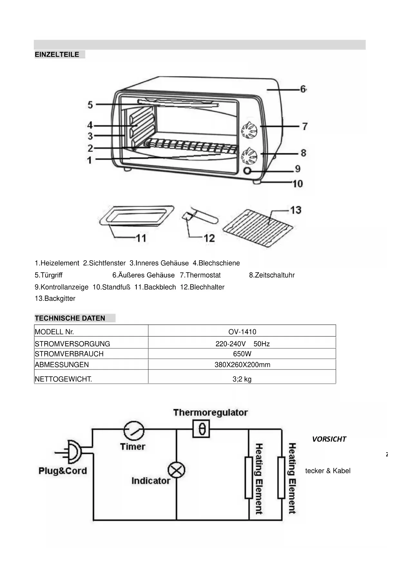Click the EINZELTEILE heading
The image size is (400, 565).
pos(57,54)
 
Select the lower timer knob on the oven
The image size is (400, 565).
pos(249,156)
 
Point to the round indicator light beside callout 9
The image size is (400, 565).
pos(247,171)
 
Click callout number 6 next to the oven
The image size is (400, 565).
pos(303,89)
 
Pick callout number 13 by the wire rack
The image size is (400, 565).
pos(296,210)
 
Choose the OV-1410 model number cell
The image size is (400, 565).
pos(242,332)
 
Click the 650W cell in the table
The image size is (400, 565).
pos(242,354)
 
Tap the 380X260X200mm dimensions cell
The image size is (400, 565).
pos(242,365)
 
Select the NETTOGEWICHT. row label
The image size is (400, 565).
pos(63,379)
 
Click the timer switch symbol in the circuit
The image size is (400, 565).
pos(133,430)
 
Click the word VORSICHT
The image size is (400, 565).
pos(329,439)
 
